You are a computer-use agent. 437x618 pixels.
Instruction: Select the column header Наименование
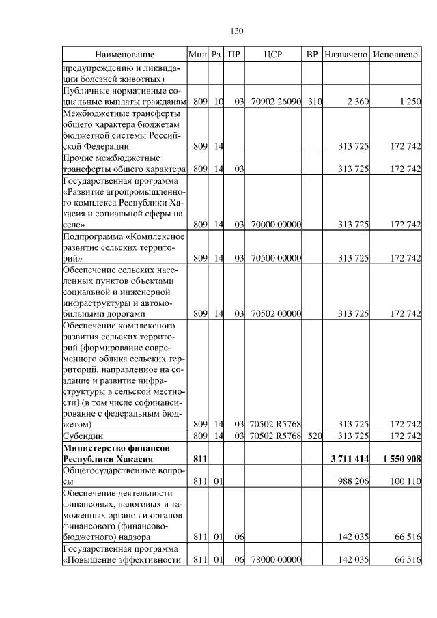click(124, 54)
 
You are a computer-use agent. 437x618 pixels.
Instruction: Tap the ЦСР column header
click(272, 54)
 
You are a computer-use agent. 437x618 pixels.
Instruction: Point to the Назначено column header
click(346, 54)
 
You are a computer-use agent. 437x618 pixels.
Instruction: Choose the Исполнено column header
click(396, 54)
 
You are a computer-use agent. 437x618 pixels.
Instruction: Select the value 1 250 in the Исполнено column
click(409, 102)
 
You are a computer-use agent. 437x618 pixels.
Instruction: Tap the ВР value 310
click(313, 102)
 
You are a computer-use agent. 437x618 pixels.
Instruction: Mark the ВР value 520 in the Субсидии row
click(313, 435)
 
